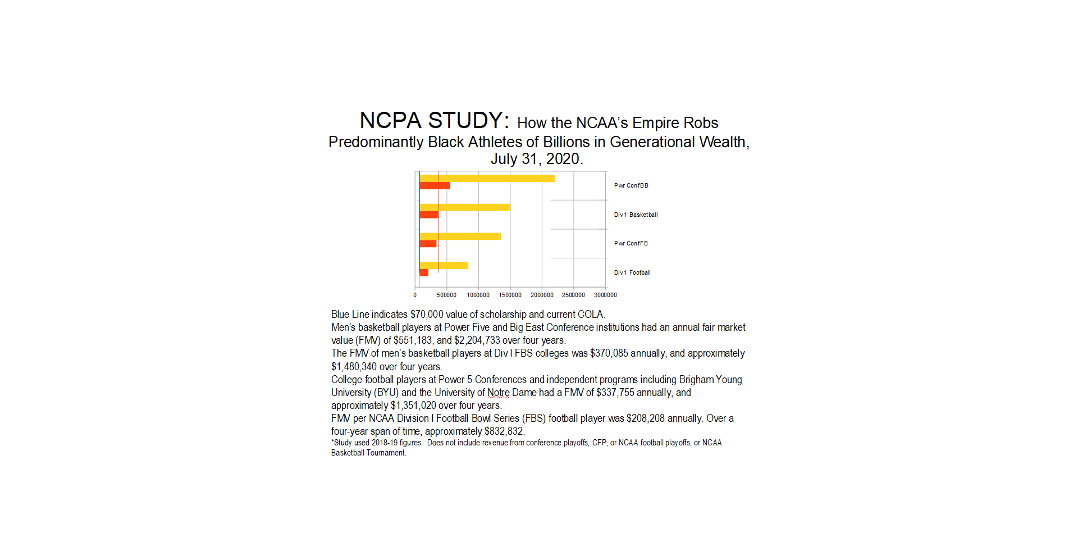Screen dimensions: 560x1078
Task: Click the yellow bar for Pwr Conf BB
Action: pyautogui.click(x=487, y=178)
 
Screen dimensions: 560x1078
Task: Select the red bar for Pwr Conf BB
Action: pyautogui.click(x=435, y=186)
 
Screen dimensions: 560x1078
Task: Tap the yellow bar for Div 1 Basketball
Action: pyautogui.click(x=465, y=207)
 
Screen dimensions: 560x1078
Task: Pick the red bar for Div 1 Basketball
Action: pyautogui.click(x=429, y=215)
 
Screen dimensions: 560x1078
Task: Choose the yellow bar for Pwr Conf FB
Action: pyautogui.click(x=460, y=236)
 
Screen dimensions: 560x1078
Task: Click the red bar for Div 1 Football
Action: pyautogui.click(x=424, y=272)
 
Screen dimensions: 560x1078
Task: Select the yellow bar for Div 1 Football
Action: pyautogui.click(x=444, y=265)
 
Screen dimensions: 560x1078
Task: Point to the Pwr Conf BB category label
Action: pyautogui.click(x=631, y=185)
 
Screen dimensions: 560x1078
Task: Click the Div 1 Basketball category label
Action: pyautogui.click(x=636, y=215)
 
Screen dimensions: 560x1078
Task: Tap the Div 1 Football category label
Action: pyautogui.click(x=632, y=272)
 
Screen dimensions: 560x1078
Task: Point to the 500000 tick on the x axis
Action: pyautogui.click(x=447, y=295)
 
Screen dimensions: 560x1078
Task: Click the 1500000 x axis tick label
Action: pyautogui.click(x=510, y=295)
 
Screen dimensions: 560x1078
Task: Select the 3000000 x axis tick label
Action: pyautogui.click(x=605, y=295)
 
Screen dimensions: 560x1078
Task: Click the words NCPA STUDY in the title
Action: pyautogui.click(x=434, y=121)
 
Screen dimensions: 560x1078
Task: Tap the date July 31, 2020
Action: pyautogui.click(x=536, y=159)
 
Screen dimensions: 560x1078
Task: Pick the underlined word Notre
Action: pyautogui.click(x=499, y=393)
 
